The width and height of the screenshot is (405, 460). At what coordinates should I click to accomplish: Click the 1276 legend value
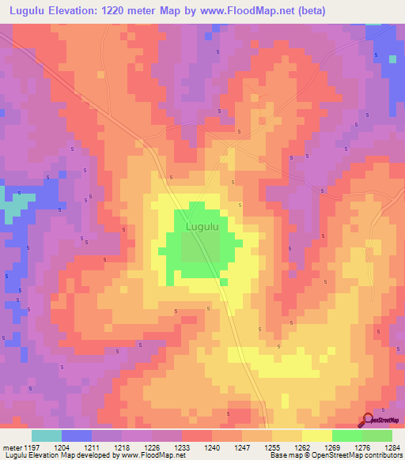[x=361, y=447]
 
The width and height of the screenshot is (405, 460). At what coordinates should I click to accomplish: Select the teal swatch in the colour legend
[x=47, y=435]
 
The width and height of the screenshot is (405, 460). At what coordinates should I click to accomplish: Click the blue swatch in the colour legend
[x=77, y=435]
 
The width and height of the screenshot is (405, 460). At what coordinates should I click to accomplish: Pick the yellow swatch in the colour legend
[x=317, y=435]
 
